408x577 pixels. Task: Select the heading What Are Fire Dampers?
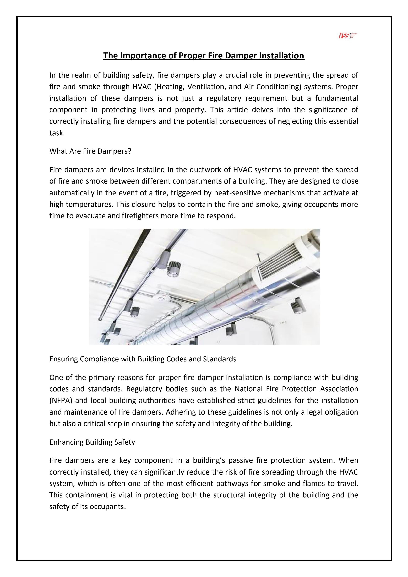[x=90, y=151]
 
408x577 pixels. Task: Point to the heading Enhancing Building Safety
[x=92, y=442]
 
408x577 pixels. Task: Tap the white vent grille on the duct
[x=279, y=261]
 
